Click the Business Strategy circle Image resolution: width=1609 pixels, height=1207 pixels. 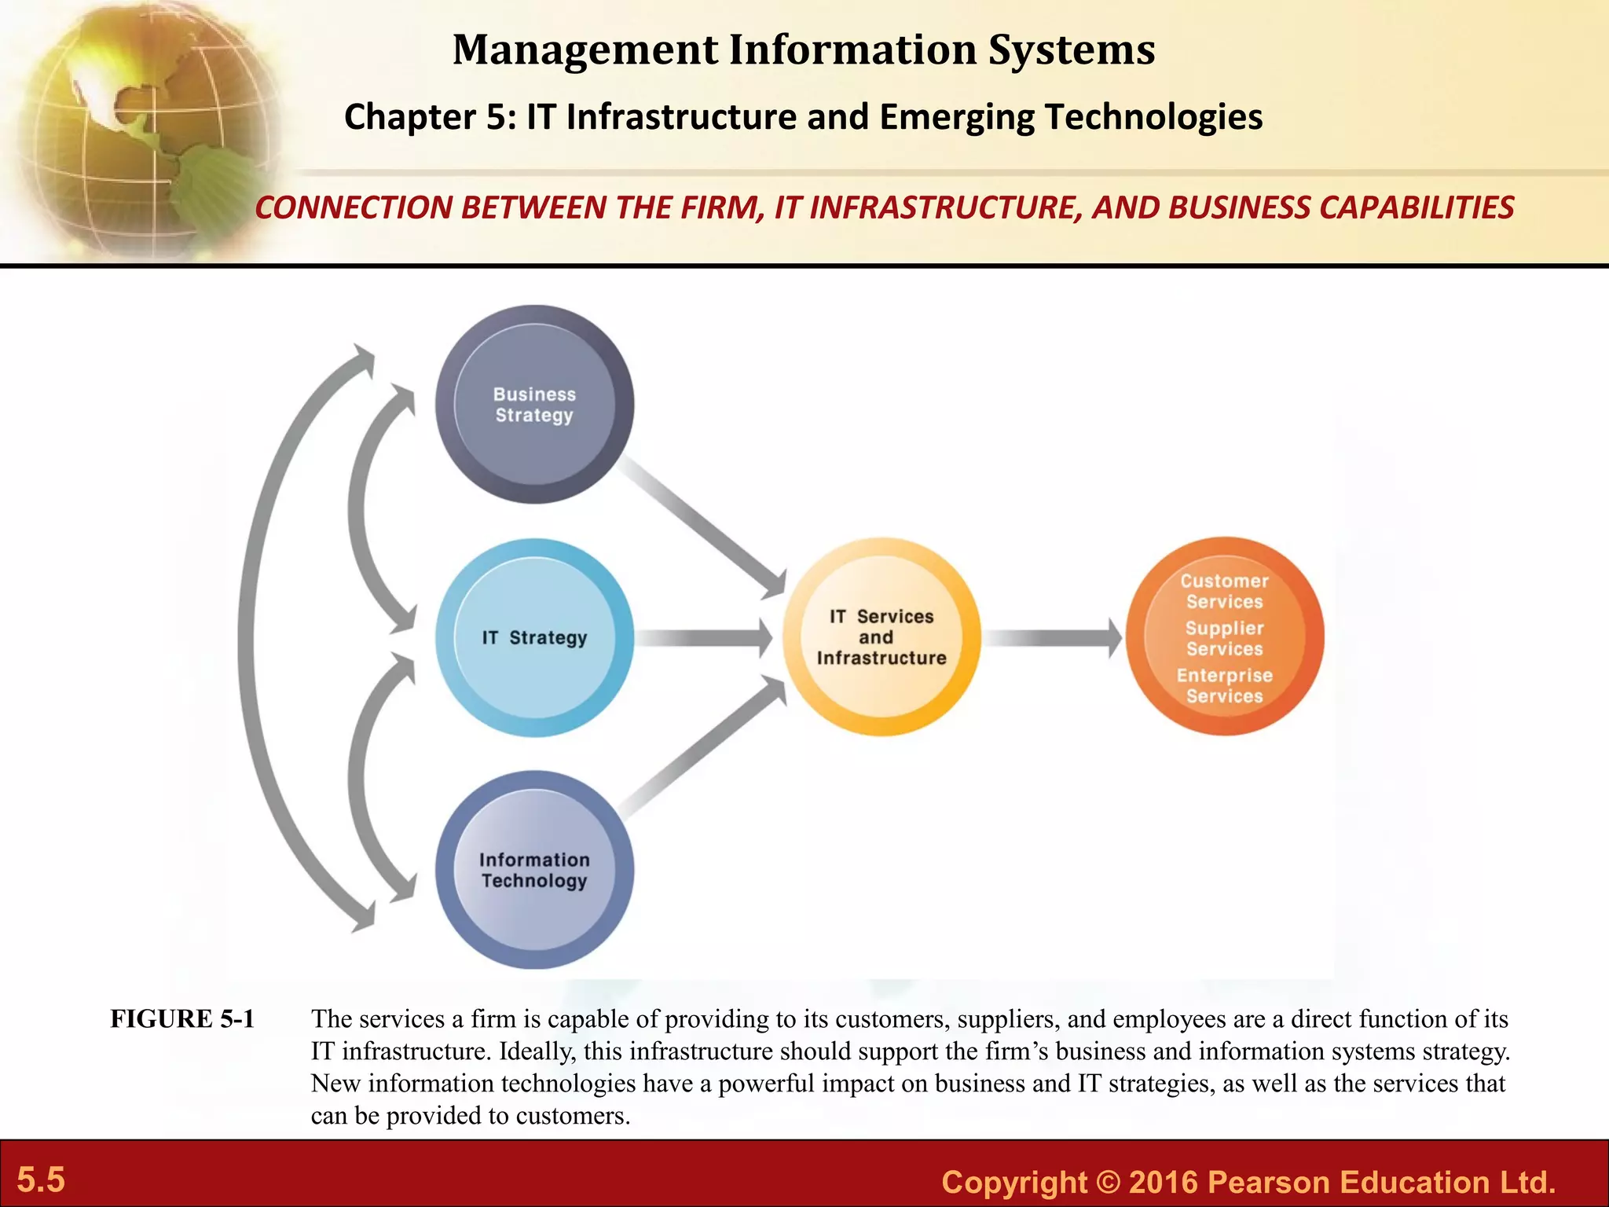pyautogui.click(x=534, y=405)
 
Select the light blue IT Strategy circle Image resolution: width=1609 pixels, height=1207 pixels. pyautogui.click(x=534, y=637)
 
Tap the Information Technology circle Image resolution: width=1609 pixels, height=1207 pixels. pyautogui.click(x=534, y=870)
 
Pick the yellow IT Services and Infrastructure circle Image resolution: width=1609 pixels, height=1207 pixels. pyautogui.click(x=881, y=637)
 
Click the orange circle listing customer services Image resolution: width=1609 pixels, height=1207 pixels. pyautogui.click(x=1225, y=637)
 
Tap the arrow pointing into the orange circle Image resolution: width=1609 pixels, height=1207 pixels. pyautogui.click(x=1053, y=637)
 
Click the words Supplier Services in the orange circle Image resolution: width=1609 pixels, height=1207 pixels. pyautogui.click(x=1225, y=639)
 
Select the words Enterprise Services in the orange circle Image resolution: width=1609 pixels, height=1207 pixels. pyautogui.click(x=1225, y=686)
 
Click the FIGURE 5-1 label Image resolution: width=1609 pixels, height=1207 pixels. pyautogui.click(x=182, y=1019)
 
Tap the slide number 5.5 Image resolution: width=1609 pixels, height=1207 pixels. pyautogui.click(x=41, y=1180)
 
